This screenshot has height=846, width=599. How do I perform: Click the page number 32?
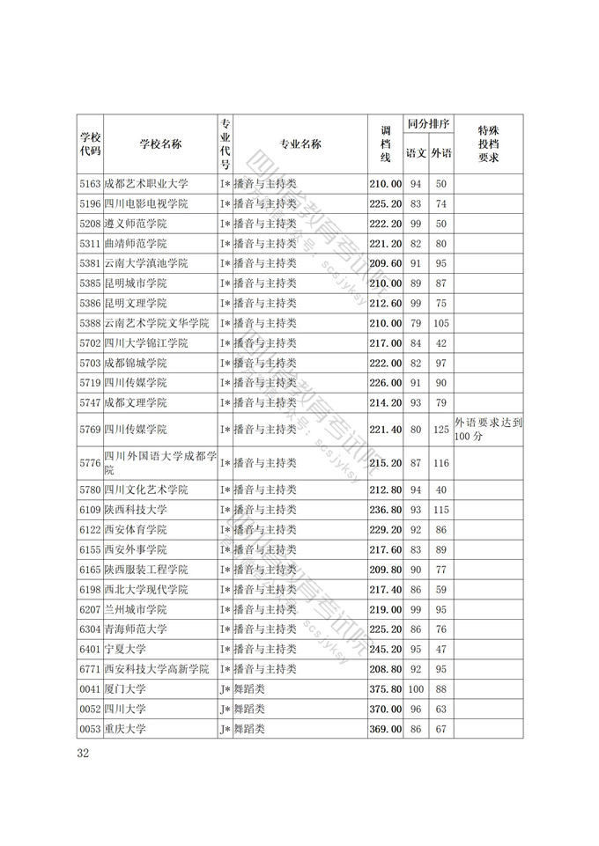pyautogui.click(x=84, y=753)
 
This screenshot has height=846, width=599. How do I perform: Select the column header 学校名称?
pyautogui.click(x=160, y=144)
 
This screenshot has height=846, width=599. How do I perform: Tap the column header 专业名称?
pyautogui.click(x=300, y=144)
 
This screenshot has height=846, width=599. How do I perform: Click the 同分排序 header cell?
pyautogui.click(x=428, y=123)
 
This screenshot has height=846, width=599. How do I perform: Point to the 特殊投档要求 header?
pyautogui.click(x=488, y=144)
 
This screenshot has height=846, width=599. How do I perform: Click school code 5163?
pyautogui.click(x=90, y=184)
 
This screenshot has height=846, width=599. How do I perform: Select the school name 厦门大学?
pyautogui.click(x=125, y=688)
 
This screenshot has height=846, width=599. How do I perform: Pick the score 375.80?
pyautogui.click(x=385, y=688)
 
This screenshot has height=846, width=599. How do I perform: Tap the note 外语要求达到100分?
pyautogui.click(x=489, y=430)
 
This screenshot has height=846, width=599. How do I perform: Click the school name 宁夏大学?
pyautogui.click(x=125, y=649)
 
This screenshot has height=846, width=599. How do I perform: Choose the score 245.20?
pyautogui.click(x=385, y=649)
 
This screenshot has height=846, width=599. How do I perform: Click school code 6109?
pyautogui.click(x=90, y=509)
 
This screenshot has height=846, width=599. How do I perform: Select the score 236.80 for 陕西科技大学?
pyautogui.click(x=385, y=509)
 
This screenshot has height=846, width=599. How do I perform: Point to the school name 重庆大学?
pyautogui.click(x=125, y=729)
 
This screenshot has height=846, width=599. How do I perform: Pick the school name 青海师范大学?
pyautogui.click(x=136, y=629)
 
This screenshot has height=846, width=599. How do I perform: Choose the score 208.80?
pyautogui.click(x=385, y=669)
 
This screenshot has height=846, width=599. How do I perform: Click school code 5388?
pyautogui.click(x=90, y=323)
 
